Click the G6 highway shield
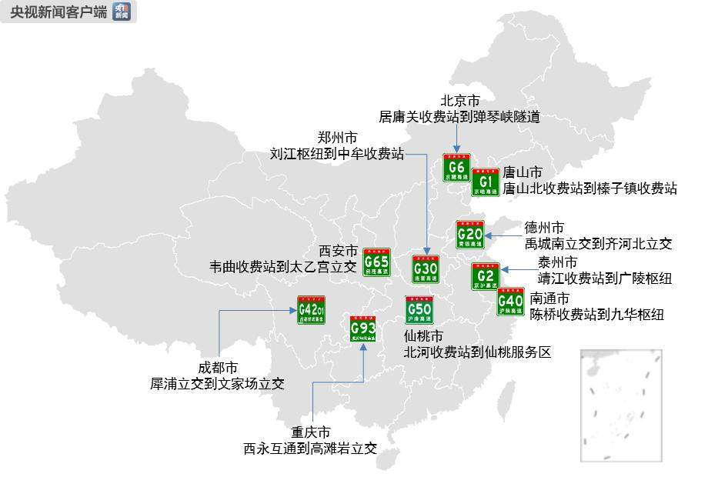[456, 168]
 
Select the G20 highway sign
[469, 234]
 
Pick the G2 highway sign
[486, 277]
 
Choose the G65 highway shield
[376, 262]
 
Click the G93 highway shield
[362, 329]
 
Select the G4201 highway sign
[312, 310]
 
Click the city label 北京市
[460, 101]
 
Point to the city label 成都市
[218, 368]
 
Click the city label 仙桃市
[423, 336]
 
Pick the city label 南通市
[550, 298]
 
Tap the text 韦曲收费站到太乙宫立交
[283, 267]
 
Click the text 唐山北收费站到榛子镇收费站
[589, 188]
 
